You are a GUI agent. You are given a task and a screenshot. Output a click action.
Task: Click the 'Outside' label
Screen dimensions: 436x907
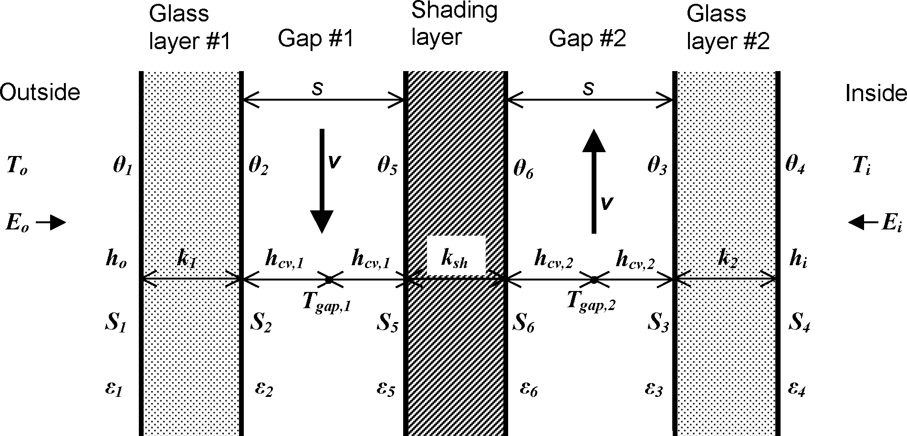40,92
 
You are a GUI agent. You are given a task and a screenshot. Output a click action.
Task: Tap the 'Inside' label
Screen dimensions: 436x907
876,93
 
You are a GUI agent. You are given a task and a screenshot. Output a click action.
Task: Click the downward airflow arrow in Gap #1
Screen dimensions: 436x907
322,181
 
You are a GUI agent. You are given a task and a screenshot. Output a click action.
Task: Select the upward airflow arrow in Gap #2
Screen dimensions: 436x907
594,181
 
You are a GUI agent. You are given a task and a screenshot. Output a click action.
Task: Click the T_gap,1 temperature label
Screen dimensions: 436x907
327,301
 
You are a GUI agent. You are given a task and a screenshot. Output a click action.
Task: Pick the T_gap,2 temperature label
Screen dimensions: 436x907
591,301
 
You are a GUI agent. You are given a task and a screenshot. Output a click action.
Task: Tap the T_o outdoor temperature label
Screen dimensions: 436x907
17,167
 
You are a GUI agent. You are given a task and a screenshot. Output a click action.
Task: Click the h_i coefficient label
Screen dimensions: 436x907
797,260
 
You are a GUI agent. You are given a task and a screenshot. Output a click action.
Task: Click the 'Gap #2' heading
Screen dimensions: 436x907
587,38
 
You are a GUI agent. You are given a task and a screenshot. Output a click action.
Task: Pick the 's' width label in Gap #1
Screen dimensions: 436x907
317,89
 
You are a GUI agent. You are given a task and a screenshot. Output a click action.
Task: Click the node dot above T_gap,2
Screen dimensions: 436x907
593,280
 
